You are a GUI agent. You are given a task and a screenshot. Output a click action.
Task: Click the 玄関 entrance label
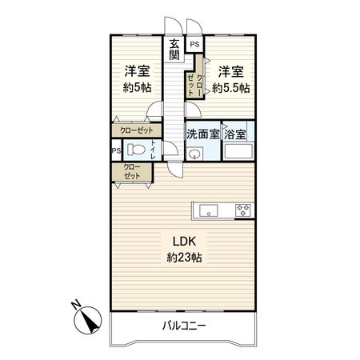pyautogui.click(x=174, y=50)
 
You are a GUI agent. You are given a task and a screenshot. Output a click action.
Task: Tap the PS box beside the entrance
pyautogui.click(x=194, y=46)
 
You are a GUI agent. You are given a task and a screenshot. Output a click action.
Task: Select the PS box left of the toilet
pyautogui.click(x=116, y=150)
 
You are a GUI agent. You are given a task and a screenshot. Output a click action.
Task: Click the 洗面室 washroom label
pyautogui.click(x=203, y=134)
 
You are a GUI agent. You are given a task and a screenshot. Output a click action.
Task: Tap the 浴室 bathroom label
pyautogui.click(x=236, y=134)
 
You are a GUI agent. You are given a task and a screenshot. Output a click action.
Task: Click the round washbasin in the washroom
pyautogui.click(x=194, y=155)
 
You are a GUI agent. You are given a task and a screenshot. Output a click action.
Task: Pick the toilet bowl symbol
pyautogui.click(x=138, y=149)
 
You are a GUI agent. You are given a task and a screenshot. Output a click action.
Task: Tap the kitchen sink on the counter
pyautogui.click(x=206, y=211)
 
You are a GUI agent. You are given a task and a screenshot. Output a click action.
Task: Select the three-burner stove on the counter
pyautogui.click(x=242, y=211)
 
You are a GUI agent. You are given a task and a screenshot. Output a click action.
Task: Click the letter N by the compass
pyautogui.click(x=74, y=304)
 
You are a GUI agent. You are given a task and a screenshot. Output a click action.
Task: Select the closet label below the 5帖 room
pyautogui.click(x=134, y=129)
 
